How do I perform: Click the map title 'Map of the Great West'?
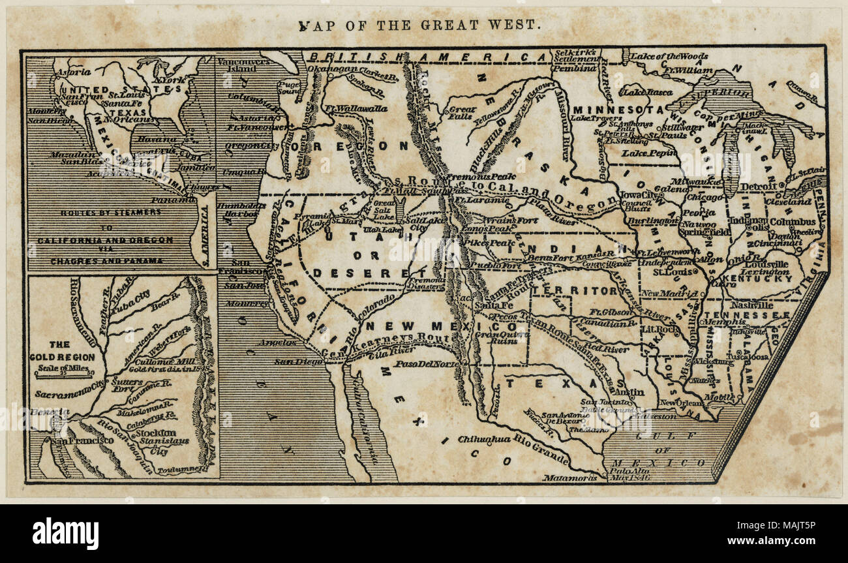(x=419, y=25)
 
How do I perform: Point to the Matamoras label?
(x=569, y=478)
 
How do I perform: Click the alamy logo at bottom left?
(x=65, y=533)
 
